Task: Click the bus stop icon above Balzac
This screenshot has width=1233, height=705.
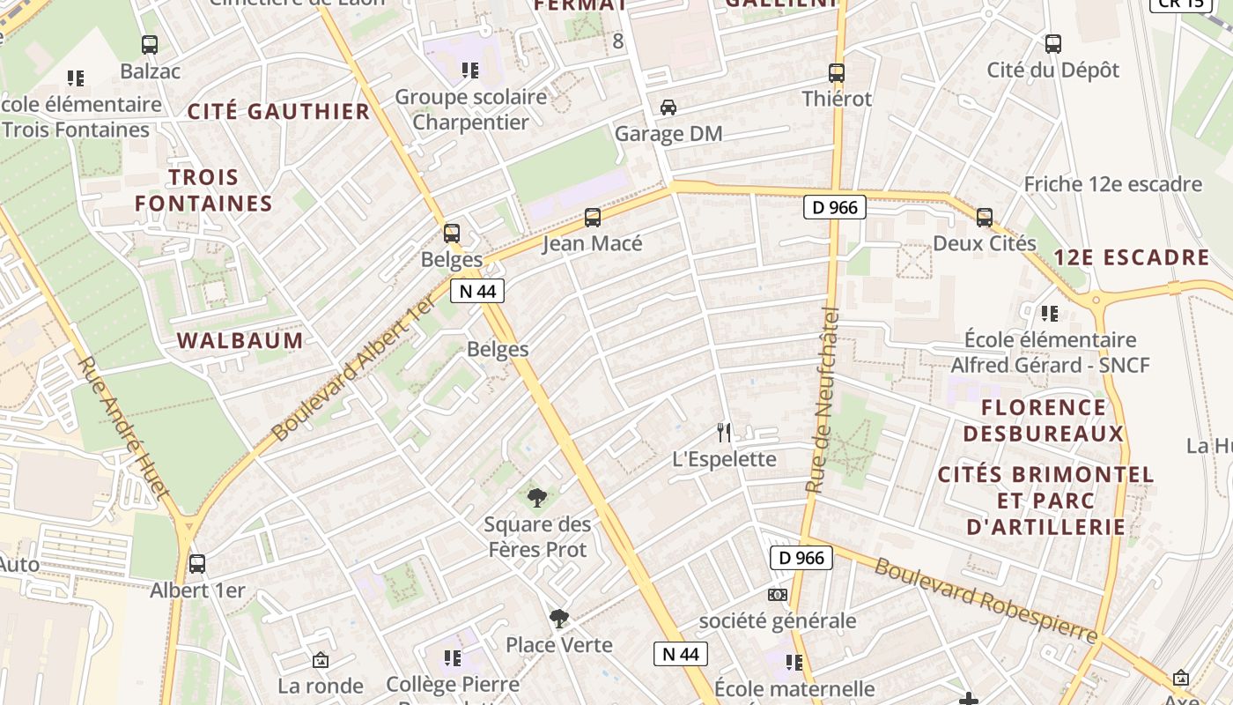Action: click(x=150, y=44)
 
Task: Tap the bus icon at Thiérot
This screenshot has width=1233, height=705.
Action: click(x=837, y=73)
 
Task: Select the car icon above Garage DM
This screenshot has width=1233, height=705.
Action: click(x=668, y=108)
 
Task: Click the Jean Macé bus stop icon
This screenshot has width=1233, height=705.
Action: click(x=593, y=217)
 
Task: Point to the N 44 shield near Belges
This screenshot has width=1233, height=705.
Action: click(x=477, y=291)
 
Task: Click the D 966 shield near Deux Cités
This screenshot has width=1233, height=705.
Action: click(x=834, y=208)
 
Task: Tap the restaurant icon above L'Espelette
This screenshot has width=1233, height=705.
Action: click(x=724, y=432)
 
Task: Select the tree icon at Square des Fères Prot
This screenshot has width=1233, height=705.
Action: click(x=537, y=498)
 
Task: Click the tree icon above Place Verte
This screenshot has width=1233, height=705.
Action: click(x=558, y=619)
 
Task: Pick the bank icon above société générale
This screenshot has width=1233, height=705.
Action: click(x=777, y=595)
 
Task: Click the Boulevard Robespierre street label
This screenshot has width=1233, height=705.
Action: click(x=986, y=600)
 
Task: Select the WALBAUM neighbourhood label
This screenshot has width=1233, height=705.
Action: click(x=240, y=340)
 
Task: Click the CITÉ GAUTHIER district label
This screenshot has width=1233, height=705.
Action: click(x=278, y=111)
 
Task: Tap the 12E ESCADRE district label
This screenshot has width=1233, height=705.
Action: click(x=1132, y=257)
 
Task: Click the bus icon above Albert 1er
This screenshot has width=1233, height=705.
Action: click(x=197, y=564)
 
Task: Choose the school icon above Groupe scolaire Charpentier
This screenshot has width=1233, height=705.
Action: click(x=470, y=70)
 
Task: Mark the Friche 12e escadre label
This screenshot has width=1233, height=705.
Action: click(x=1112, y=184)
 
